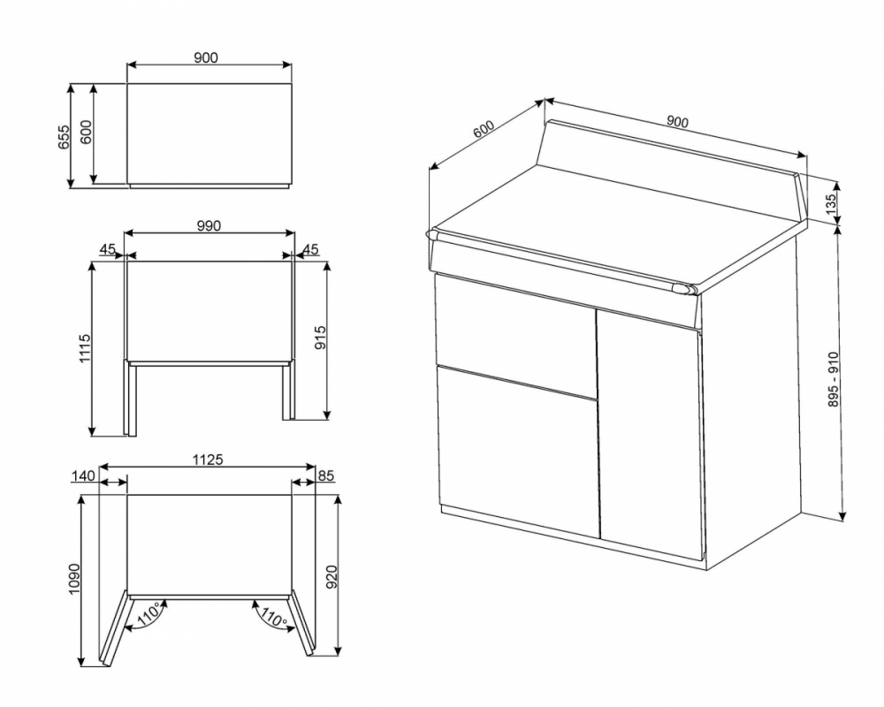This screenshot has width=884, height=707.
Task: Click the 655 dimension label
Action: click(64, 136)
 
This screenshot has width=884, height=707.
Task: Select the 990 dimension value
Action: click(209, 225)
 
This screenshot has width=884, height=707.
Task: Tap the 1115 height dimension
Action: click(85, 348)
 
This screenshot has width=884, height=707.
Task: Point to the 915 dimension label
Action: click(320, 337)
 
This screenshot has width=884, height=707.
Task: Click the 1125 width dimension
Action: click(208, 460)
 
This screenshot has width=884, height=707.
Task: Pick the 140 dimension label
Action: click(83, 475)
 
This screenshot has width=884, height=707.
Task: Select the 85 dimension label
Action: click(326, 475)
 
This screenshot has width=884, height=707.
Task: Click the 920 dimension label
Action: click(332, 577)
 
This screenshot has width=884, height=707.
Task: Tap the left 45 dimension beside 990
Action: click(108, 248)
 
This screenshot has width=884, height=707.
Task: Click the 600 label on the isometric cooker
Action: click(484, 129)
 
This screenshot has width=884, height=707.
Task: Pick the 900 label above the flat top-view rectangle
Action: click(206, 57)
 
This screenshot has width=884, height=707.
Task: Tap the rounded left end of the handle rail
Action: click(432, 233)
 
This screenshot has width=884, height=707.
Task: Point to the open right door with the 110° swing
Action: click(301, 623)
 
